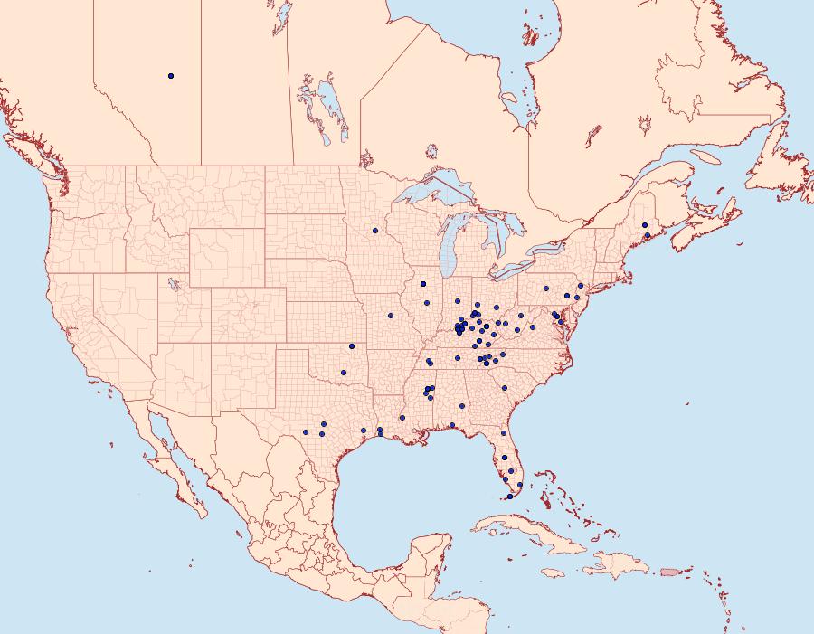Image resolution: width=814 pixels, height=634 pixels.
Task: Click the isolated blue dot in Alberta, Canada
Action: (171, 76)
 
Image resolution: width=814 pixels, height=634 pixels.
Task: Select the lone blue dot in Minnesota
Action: (374, 231)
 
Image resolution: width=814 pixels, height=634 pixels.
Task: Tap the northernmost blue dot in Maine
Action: (645, 225)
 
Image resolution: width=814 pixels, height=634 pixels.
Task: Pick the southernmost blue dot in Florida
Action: (509, 497)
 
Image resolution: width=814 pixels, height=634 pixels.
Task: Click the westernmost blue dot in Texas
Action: (306, 433)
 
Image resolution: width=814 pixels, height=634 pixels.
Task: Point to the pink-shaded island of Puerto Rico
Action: (669, 572)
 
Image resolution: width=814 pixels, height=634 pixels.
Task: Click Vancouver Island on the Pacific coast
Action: (36, 154)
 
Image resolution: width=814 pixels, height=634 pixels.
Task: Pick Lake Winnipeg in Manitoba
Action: (330, 109)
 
